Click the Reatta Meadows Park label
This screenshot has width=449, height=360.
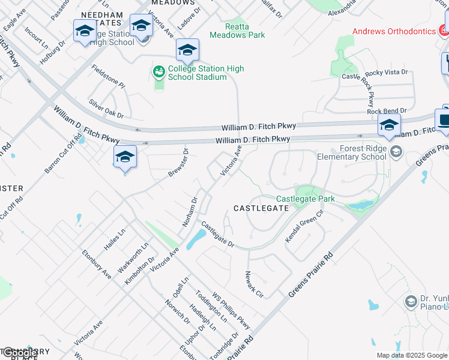[237, 31]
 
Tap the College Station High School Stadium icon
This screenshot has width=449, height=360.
[158, 73]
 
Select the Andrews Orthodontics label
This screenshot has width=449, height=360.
[394, 31]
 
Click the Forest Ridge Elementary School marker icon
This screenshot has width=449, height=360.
[395, 151]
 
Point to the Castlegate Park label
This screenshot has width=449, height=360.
[305, 199]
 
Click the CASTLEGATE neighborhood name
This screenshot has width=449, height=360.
[261, 208]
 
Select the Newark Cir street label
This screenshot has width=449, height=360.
[254, 284]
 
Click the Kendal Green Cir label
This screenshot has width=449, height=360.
[304, 226]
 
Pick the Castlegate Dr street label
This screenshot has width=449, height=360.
[217, 233]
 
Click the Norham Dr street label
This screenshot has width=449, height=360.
[190, 212]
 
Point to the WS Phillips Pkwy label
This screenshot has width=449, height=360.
[229, 313]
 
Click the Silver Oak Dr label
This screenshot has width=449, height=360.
[106, 108]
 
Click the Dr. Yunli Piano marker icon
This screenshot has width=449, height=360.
[411, 301]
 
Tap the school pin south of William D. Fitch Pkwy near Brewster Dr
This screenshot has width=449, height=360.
[125, 158]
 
